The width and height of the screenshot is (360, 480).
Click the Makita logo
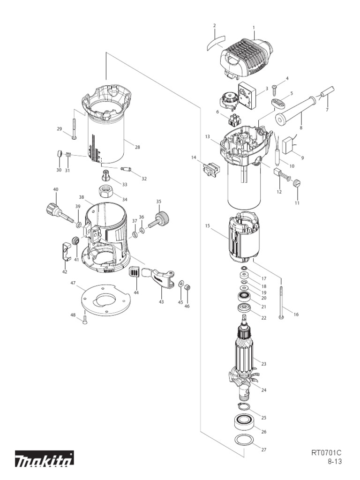(44, 459)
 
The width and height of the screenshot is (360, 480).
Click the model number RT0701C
(326, 453)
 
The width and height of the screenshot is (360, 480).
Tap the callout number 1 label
(254, 27)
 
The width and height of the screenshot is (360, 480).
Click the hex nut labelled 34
(107, 192)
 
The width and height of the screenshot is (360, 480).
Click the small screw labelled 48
(85, 320)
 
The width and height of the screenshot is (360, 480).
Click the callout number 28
(137, 147)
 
